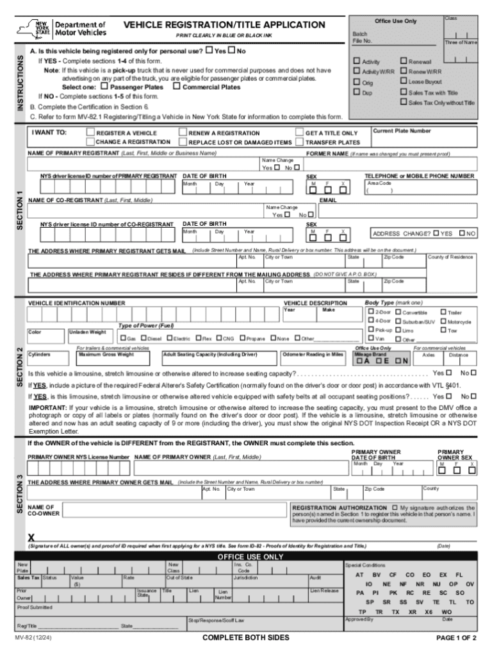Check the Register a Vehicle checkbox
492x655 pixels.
pyautogui.click(x=90, y=133)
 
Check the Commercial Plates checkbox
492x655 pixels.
pyautogui.click(x=177, y=87)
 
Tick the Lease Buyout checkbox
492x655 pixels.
pyautogui.click(x=404, y=81)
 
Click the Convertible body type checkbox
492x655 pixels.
pyautogui.click(x=398, y=312)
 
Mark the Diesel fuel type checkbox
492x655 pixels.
pyautogui.click(x=143, y=338)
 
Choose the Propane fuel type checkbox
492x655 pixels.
pyautogui.click(x=242, y=338)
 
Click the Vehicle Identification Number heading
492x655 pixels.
pyautogui.click(x=77, y=303)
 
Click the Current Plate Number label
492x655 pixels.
pyautogui.click(x=402, y=130)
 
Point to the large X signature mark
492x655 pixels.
pyautogui.click(x=31, y=537)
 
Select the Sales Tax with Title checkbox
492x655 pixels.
pyautogui.click(x=404, y=92)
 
